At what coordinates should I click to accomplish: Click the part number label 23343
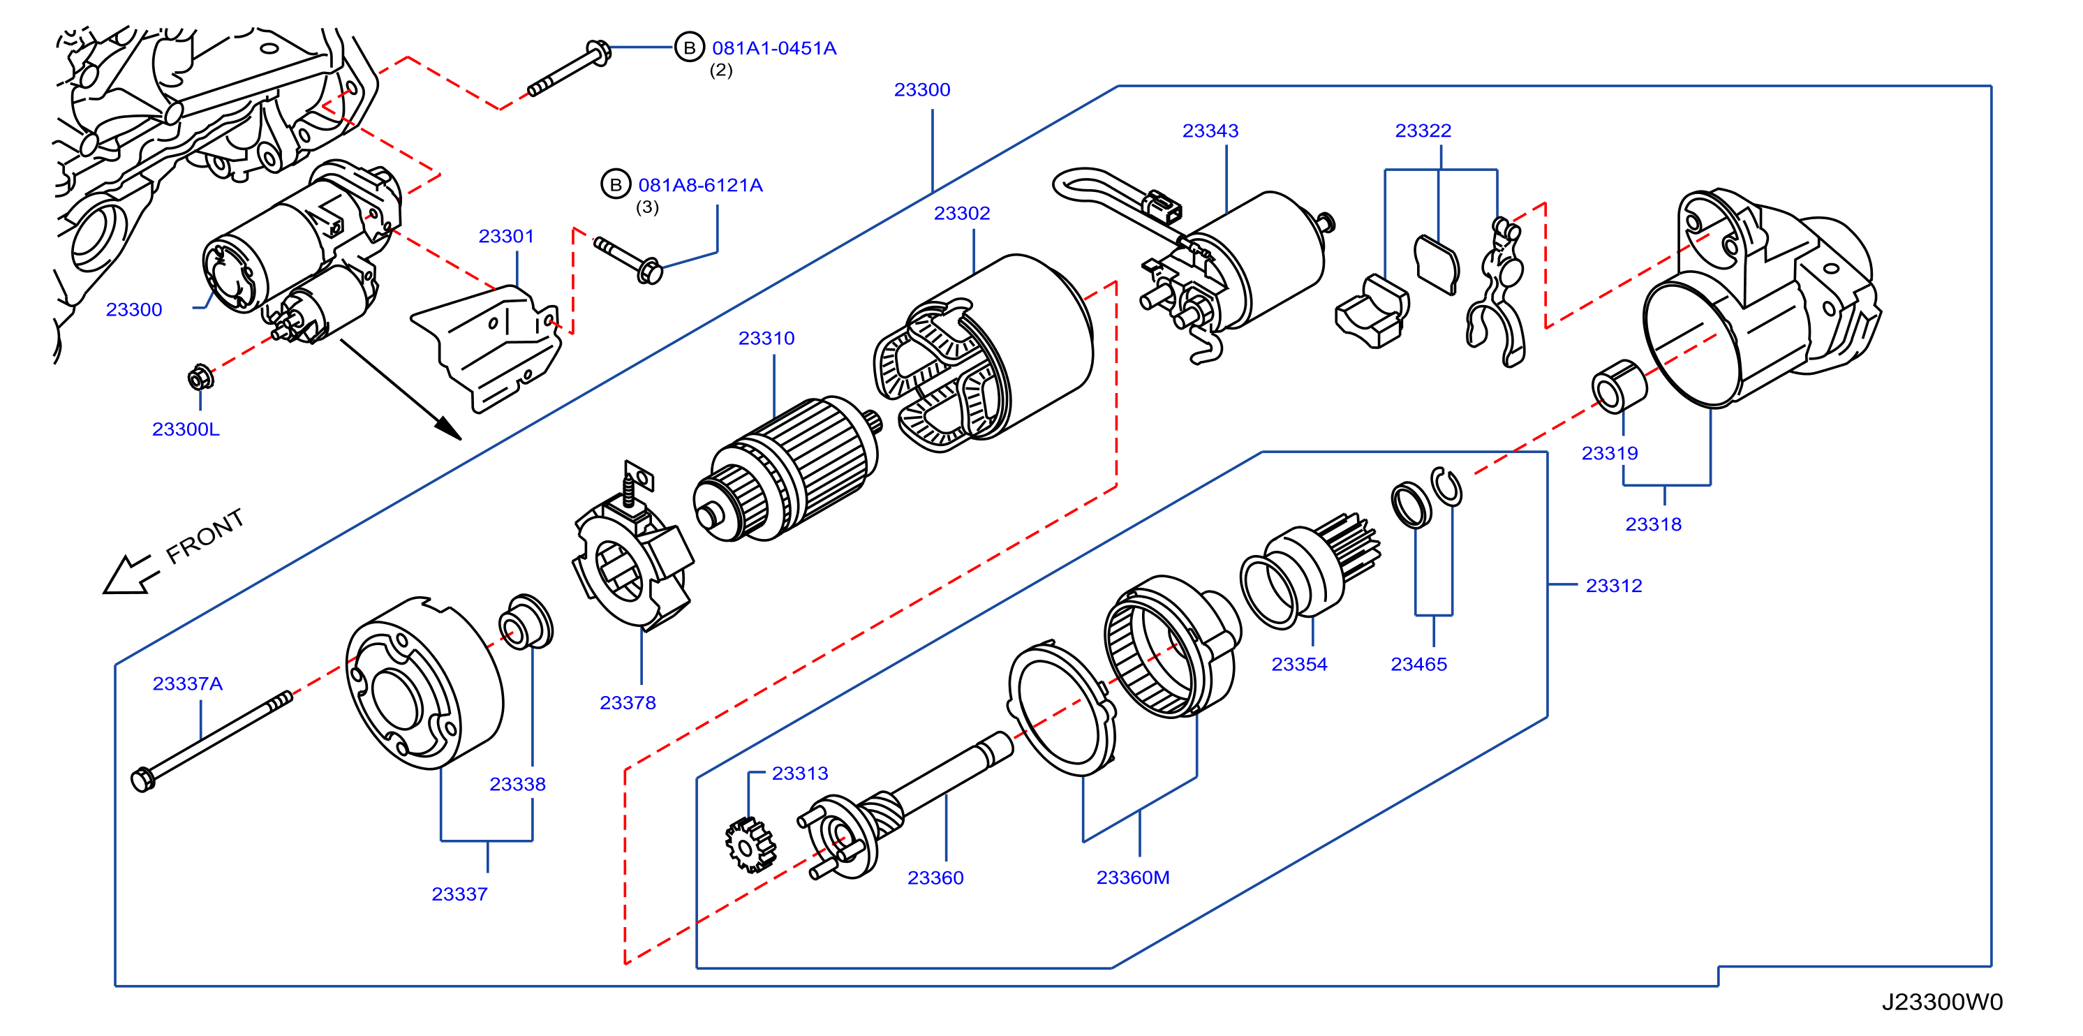click(1210, 131)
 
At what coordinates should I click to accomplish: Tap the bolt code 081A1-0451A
click(774, 49)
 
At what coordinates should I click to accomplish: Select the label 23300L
click(185, 429)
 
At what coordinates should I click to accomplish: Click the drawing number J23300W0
click(1941, 1002)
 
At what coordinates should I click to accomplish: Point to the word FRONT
click(205, 535)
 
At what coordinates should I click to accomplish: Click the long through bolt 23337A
click(211, 740)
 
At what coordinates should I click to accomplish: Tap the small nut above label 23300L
click(200, 378)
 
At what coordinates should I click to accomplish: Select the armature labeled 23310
click(786, 469)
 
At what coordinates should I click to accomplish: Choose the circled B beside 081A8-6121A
click(616, 184)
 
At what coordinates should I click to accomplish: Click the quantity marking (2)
click(720, 71)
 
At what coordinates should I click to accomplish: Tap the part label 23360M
click(1132, 878)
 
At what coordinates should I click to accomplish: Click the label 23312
click(1613, 586)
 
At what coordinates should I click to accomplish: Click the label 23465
click(1418, 664)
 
